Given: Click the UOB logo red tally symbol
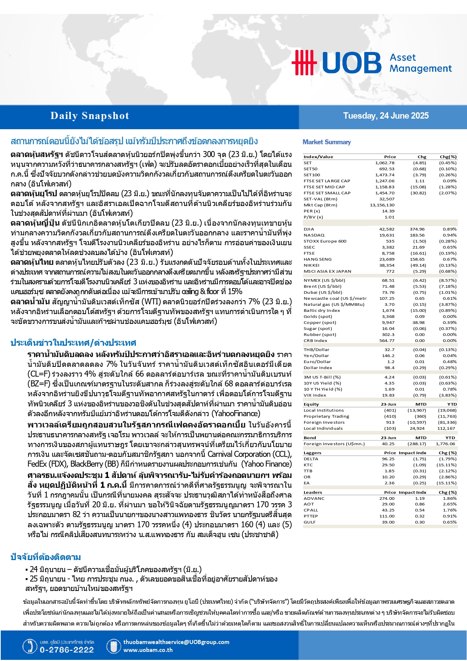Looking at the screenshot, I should point(304,63).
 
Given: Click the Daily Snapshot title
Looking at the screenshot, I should point(90,116).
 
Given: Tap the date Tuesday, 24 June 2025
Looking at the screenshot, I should point(386,116).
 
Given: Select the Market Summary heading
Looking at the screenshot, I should point(327,142).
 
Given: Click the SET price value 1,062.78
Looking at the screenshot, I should point(385,163).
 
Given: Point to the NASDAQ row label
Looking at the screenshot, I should point(314,235).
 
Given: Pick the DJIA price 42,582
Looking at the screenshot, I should point(387,229).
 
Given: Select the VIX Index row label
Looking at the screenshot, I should point(315,395).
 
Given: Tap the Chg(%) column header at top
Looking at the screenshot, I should point(448,157).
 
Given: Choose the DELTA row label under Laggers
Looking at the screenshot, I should point(311,459).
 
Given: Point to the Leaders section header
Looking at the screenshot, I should point(313,493).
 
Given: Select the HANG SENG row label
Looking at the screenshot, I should point(318,260).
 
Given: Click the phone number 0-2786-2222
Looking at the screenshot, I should point(67,650).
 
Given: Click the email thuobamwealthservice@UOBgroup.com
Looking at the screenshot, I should point(176,642).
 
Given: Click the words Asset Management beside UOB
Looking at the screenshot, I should point(420,63).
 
